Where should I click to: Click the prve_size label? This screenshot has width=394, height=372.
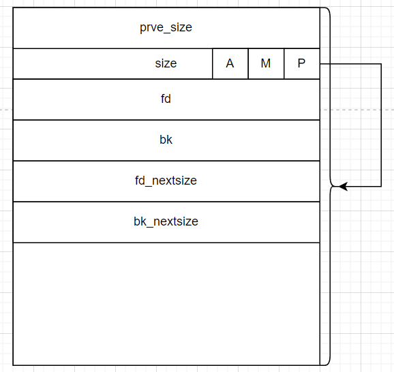[x=166, y=27]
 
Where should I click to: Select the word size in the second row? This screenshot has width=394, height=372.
[x=166, y=63]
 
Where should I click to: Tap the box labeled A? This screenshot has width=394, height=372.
[x=230, y=63]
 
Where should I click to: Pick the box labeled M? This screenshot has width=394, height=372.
[x=266, y=63]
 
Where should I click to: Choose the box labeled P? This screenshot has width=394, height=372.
[x=302, y=63]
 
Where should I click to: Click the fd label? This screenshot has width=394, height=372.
[x=166, y=99]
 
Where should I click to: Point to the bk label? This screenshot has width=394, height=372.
[x=166, y=140]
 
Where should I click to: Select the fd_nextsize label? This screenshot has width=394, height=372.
[x=166, y=181]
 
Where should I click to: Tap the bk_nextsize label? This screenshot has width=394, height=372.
[x=166, y=221]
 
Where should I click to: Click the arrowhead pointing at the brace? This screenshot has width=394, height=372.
[x=343, y=187]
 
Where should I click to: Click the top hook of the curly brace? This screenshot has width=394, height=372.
[x=326, y=9]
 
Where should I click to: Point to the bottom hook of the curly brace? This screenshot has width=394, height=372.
[x=326, y=363]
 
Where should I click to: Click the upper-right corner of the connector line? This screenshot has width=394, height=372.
[x=381, y=64]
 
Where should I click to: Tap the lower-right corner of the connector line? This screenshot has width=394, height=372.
[x=381, y=187]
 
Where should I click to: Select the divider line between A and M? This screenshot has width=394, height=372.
[x=248, y=63]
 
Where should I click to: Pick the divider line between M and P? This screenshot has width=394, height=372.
[x=284, y=63]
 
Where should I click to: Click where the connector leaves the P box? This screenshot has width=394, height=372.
[x=320, y=64]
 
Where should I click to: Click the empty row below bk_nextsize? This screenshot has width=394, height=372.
[x=166, y=304]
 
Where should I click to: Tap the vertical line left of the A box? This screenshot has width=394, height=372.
[x=213, y=63]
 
